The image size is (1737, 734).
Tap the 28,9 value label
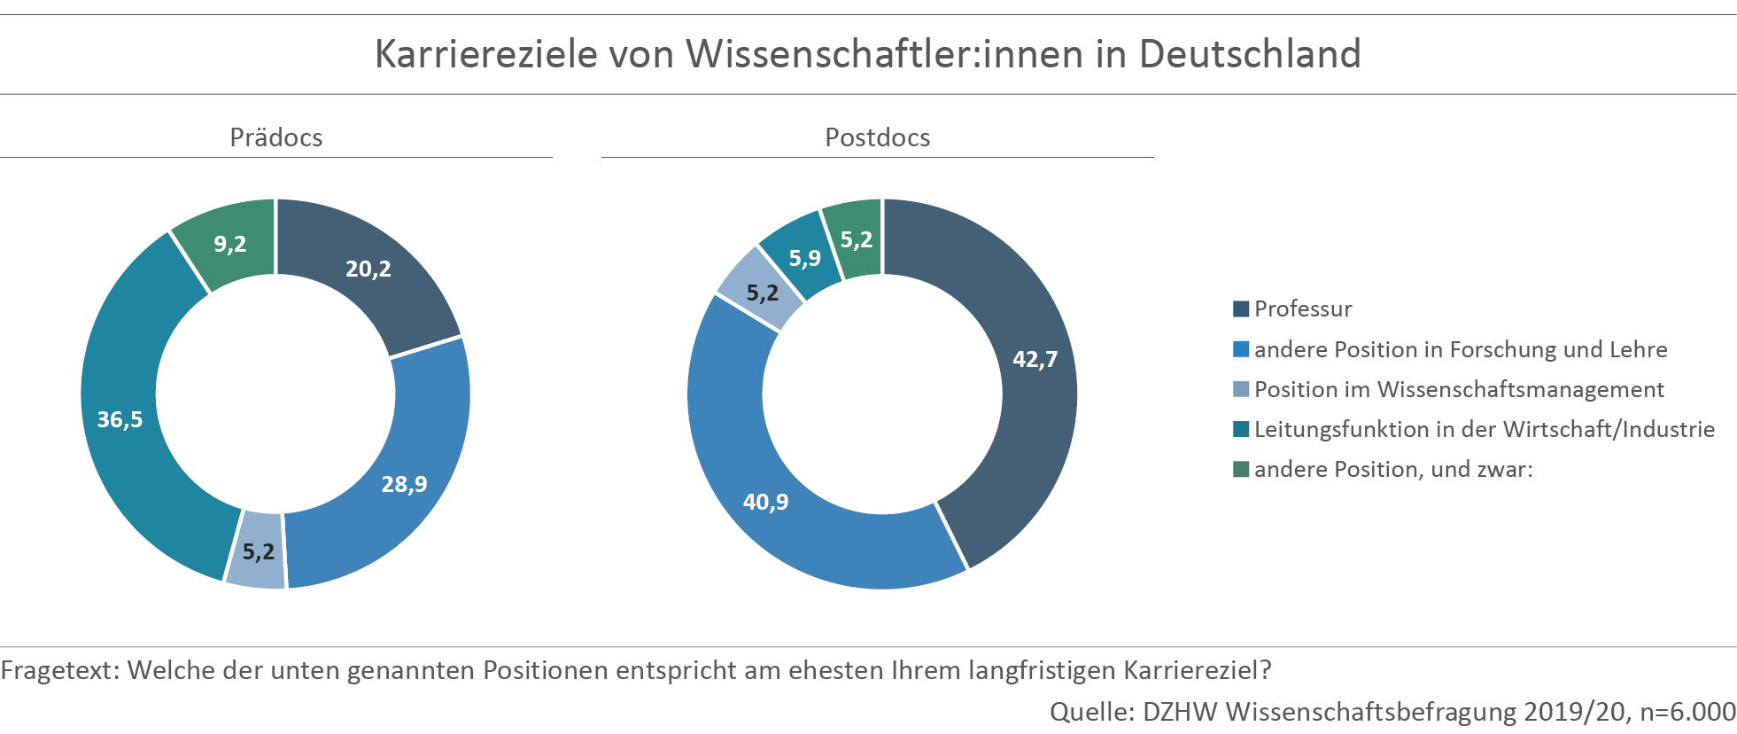click(404, 484)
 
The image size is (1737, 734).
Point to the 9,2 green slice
click(229, 244)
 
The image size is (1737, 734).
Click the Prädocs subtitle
click(275, 137)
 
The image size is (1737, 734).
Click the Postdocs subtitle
click(877, 137)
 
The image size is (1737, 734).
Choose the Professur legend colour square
click(1241, 309)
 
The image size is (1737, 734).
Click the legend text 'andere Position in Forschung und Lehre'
click(1460, 349)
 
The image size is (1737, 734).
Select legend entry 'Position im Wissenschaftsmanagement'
click(1458, 389)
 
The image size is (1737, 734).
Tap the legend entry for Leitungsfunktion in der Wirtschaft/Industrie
click(1484, 429)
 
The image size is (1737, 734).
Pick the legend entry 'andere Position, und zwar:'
click(1392, 469)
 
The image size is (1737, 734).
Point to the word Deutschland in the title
click(1249, 54)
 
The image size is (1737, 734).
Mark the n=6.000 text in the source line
click(1687, 711)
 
